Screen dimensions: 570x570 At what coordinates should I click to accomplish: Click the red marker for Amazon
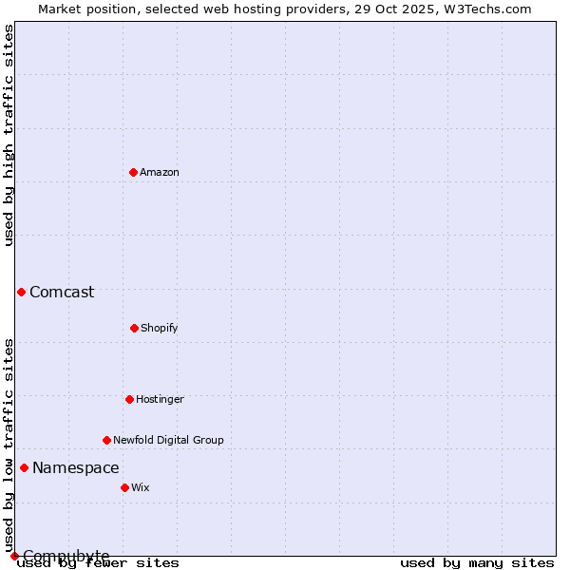[x=133, y=172]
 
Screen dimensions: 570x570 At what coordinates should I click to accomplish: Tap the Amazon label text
[x=160, y=172]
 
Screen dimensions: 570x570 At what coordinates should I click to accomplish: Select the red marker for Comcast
[x=21, y=292]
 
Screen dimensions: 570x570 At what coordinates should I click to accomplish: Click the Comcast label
[x=62, y=292]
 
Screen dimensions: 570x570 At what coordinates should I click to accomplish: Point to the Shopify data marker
[x=134, y=328]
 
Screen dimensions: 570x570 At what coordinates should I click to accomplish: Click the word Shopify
[x=160, y=328]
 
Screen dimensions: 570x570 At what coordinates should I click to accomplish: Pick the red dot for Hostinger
[x=129, y=399]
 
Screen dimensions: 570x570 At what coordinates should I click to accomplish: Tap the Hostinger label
[x=160, y=399]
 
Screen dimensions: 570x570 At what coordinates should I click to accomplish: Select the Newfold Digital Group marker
[x=106, y=440]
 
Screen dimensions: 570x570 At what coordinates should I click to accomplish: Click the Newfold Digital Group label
[x=168, y=440]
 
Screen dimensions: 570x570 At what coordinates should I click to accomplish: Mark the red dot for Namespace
[x=24, y=467]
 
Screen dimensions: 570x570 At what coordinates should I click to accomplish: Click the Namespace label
[x=76, y=467]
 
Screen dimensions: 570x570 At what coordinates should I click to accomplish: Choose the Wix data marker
[x=124, y=487]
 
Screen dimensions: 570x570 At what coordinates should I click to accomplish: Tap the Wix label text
[x=141, y=487]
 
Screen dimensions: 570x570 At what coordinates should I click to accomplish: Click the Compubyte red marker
[x=14, y=556]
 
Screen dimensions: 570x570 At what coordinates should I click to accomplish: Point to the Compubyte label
[x=66, y=556]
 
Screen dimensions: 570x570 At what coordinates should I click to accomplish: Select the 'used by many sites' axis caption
[x=477, y=562]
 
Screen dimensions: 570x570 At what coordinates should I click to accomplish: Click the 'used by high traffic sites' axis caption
[x=9, y=135]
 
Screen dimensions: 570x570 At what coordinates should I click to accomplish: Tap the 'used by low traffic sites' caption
[x=9, y=445]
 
